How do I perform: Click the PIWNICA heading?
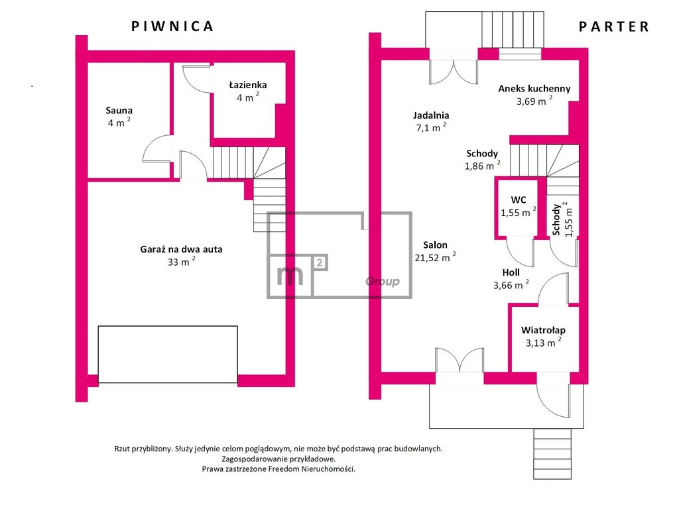point(172,27)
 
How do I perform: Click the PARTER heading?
point(614,27)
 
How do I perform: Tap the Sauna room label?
point(119,111)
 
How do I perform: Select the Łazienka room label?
point(248,85)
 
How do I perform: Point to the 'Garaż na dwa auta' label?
point(181,249)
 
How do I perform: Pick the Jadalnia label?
point(431,115)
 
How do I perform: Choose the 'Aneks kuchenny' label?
point(534,89)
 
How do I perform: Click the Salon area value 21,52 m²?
point(435,257)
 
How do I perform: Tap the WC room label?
point(519,200)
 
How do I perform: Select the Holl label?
point(511,272)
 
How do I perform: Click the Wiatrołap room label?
point(543,330)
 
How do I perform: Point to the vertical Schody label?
point(556,220)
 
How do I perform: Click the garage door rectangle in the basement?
point(168,355)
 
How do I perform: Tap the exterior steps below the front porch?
point(552,453)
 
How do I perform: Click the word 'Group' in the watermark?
point(383,282)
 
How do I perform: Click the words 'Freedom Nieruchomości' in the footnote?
point(311,469)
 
